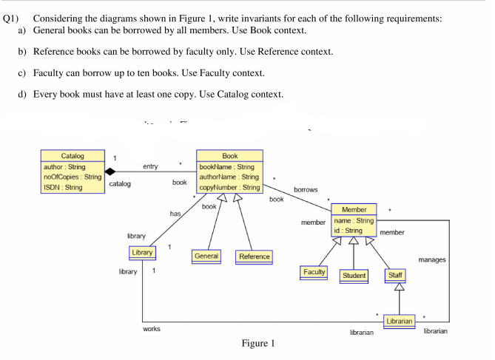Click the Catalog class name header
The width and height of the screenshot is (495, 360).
tap(72, 156)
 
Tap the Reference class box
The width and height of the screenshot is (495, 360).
tap(254, 257)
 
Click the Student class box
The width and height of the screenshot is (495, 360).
tap(354, 276)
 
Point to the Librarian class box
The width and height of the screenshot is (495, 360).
tap(400, 320)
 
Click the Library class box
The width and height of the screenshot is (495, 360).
tap(143, 253)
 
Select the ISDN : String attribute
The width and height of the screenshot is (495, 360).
tap(63, 187)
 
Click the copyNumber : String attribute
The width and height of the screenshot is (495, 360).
tap(229, 188)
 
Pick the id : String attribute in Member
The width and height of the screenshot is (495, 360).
tap(347, 231)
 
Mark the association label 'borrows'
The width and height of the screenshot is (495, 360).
tap(306, 190)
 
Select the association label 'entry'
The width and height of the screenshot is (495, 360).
tap(150, 167)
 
